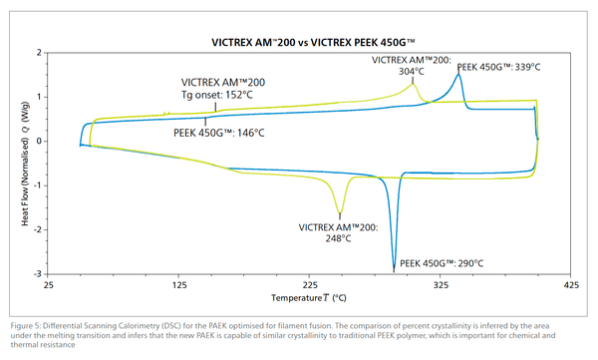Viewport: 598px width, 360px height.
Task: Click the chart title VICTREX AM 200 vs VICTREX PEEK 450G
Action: point(313,43)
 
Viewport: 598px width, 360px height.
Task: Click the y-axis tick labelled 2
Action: point(37,52)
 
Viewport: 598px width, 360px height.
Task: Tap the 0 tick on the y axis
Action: point(37,141)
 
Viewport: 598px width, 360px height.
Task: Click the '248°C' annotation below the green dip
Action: point(339,238)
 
